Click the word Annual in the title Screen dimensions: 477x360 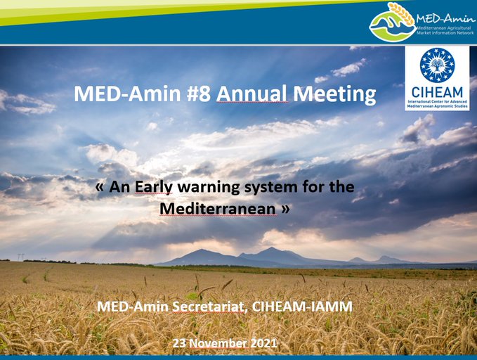pos(251,94)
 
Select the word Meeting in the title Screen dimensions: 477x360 pos(334,95)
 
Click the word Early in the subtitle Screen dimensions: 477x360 pos(154,187)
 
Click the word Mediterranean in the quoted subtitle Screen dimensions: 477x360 pos(218,209)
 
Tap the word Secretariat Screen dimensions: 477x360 pos(209,307)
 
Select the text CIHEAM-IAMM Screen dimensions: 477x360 pos(302,307)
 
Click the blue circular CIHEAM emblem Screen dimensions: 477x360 pos(437,65)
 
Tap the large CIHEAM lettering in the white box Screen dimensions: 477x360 pos(437,92)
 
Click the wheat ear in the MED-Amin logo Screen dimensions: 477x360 pos(402,13)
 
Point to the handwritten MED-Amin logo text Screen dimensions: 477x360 pos(445,19)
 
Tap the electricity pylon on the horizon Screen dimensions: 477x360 pos(20,257)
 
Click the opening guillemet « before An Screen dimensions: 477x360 pos(100,187)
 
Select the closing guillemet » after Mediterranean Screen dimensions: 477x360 pos(285,210)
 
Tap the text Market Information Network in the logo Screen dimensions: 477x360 pos(445,32)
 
